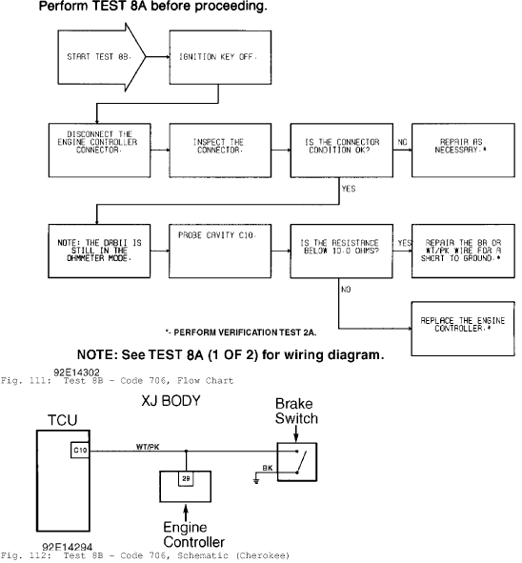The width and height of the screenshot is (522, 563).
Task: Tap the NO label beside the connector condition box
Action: (x=402, y=142)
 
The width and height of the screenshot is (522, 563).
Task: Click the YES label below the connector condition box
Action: (x=349, y=189)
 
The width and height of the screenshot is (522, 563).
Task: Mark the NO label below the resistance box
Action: (x=346, y=290)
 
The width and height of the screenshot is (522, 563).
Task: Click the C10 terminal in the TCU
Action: (x=80, y=451)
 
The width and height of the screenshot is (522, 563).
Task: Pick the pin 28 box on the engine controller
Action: (x=186, y=478)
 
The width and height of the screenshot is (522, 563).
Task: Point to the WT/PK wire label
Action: (x=148, y=447)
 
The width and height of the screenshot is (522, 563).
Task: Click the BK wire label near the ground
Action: (x=268, y=468)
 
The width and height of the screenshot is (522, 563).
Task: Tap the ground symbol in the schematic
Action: (x=256, y=479)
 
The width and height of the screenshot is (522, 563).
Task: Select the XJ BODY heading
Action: (x=171, y=401)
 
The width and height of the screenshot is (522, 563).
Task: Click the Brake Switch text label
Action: (x=296, y=412)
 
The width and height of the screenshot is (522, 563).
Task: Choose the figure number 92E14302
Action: (x=76, y=372)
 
